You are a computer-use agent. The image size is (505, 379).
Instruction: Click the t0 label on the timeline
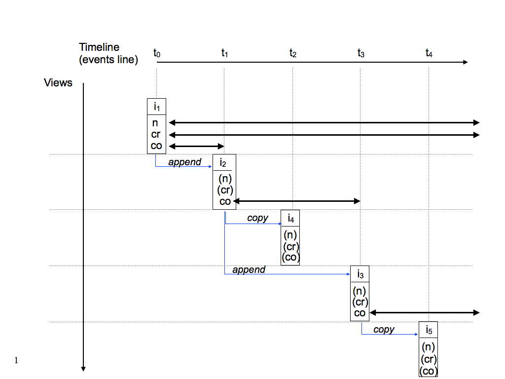(157, 52)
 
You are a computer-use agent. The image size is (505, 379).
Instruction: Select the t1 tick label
(224, 52)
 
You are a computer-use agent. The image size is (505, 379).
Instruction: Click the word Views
(58, 82)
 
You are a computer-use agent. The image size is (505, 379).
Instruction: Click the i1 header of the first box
(156, 107)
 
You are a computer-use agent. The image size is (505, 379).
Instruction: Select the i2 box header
(224, 162)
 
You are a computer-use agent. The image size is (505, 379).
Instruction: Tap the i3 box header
(360, 274)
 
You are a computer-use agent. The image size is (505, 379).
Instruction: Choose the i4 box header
(290, 218)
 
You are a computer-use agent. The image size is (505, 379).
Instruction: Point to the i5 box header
(428, 330)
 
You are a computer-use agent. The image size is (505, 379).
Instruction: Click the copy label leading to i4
(257, 218)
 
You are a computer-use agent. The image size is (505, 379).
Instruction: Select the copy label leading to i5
(384, 329)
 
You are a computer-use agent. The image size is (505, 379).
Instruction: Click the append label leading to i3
(249, 269)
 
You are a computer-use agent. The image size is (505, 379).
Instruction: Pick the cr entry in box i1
(156, 135)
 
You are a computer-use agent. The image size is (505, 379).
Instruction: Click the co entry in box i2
(225, 201)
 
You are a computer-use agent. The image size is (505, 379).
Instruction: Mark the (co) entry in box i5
(428, 371)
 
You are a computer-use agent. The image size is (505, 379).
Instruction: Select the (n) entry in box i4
(290, 235)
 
